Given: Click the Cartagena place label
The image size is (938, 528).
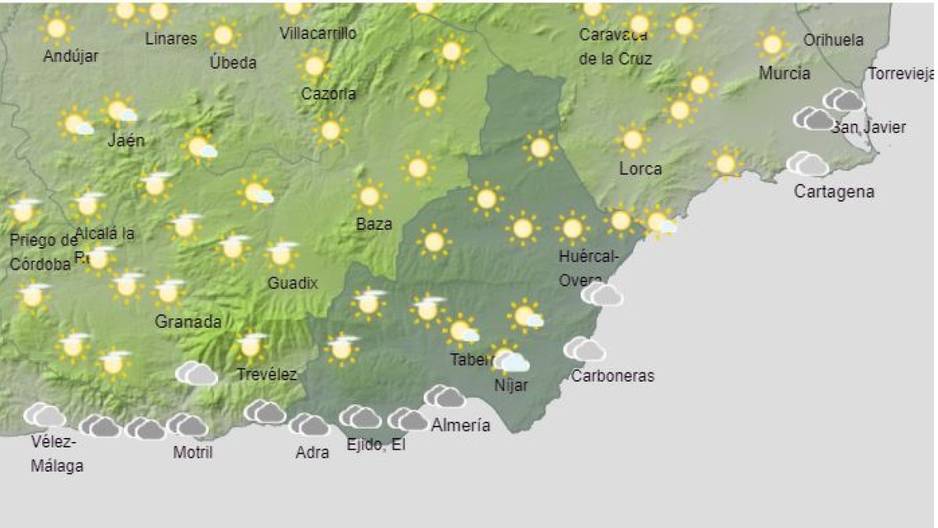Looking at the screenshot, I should pyautogui.click(x=833, y=192).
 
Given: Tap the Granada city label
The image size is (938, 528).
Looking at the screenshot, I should pyautogui.click(x=188, y=321).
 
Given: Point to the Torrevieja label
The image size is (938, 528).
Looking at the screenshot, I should pyautogui.click(x=901, y=75).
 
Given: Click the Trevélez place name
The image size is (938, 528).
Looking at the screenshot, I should pyautogui.click(x=267, y=375).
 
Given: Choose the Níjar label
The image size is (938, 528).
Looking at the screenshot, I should pyautogui.click(x=511, y=385).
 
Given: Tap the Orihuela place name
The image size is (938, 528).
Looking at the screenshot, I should pyautogui.click(x=833, y=40).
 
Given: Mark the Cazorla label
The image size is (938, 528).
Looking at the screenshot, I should pyautogui.click(x=328, y=94).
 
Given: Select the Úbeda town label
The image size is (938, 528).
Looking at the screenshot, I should pyautogui.click(x=232, y=63).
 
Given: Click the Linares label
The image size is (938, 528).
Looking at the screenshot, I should pyautogui.click(x=171, y=38).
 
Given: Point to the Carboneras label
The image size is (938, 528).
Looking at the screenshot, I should pyautogui.click(x=612, y=375).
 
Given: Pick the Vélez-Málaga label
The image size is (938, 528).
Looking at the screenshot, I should pyautogui.click(x=56, y=454).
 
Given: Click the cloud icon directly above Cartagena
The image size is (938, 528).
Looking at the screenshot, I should pyautogui.click(x=807, y=164).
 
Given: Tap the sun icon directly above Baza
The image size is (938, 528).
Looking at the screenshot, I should pyautogui.click(x=369, y=196).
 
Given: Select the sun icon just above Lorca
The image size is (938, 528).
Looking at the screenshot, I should pyautogui.click(x=632, y=140).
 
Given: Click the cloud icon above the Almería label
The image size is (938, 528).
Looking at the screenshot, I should pyautogui.click(x=445, y=397).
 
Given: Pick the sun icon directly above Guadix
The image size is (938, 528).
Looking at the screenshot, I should pyautogui.click(x=282, y=254).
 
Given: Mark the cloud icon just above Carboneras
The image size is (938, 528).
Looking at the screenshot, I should pyautogui.click(x=585, y=349).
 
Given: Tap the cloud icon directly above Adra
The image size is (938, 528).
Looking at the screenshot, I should pyautogui.click(x=310, y=425).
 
